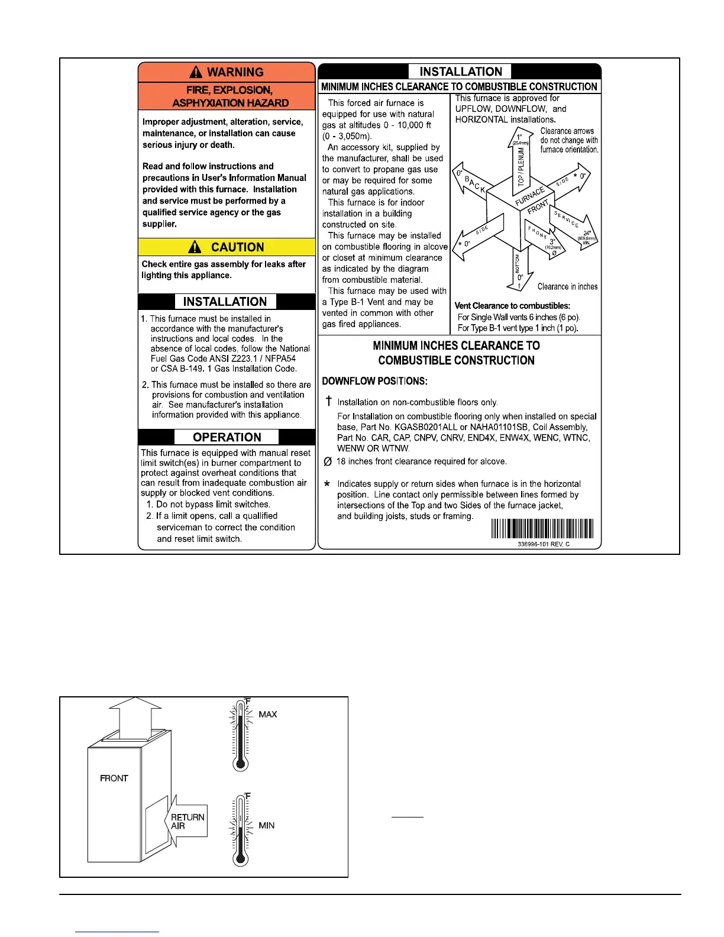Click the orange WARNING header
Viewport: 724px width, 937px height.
coord(227,72)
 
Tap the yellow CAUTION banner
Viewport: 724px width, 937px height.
coord(227,247)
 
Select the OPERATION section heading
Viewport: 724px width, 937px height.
coord(227,437)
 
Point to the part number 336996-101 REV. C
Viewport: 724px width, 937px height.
coord(543,544)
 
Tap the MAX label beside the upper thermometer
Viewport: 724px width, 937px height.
coord(267,715)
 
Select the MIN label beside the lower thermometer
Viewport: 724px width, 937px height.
coord(266,825)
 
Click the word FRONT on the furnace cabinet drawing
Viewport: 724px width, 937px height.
coord(114,778)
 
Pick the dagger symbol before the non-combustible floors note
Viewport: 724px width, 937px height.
coord(329,402)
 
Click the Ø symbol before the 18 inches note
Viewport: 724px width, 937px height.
coord(328,461)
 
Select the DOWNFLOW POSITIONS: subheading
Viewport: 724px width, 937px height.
coord(374,381)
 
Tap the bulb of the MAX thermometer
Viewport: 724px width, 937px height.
coord(240,763)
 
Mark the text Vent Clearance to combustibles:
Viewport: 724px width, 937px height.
coord(512,306)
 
